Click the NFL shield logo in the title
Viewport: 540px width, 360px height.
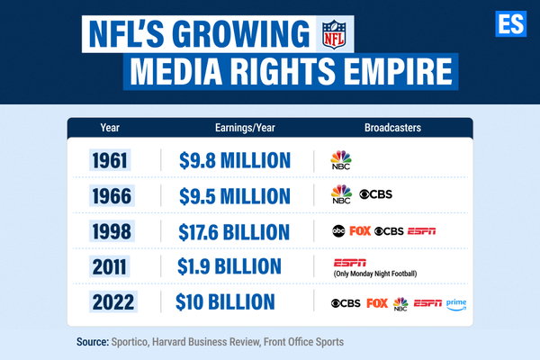tap(334, 34)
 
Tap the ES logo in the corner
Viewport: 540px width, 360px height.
tap(510, 23)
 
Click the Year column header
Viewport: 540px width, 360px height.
tap(110, 128)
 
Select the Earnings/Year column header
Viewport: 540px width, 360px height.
tap(245, 128)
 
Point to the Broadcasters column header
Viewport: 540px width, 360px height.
tap(392, 128)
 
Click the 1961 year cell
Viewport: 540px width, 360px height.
tap(110, 160)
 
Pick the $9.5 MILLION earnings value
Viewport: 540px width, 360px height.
tap(235, 196)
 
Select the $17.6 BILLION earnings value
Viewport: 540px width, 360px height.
tap(234, 232)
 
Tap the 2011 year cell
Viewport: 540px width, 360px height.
tap(110, 266)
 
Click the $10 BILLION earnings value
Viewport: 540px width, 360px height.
tap(225, 301)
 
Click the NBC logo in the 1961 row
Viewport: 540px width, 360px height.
tap(341, 160)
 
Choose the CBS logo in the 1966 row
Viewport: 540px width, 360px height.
tap(375, 194)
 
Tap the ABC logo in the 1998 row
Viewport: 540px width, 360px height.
tap(338, 230)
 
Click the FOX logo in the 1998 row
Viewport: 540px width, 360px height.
tap(360, 230)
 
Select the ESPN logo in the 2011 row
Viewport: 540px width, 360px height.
tap(350, 263)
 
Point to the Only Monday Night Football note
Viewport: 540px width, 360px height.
tap(375, 274)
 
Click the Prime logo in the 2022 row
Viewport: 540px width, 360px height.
tap(456, 304)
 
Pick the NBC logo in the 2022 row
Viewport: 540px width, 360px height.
tap(400, 304)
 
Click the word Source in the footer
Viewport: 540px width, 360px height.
tap(93, 342)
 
